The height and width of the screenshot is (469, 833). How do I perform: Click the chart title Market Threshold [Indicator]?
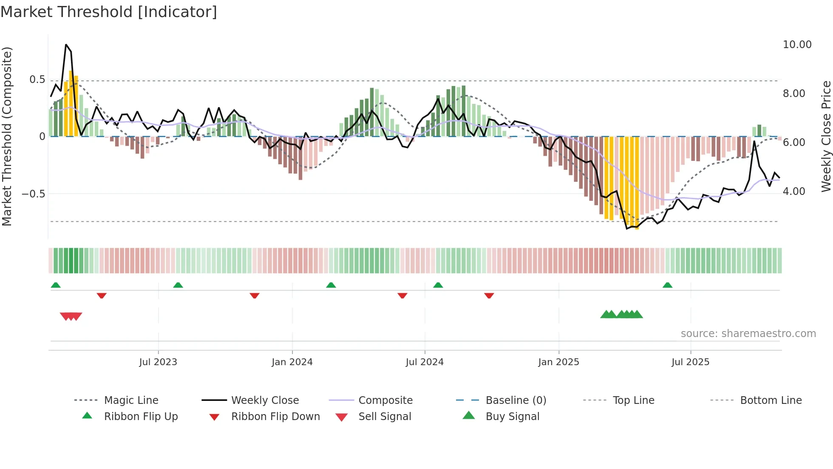(x=109, y=12)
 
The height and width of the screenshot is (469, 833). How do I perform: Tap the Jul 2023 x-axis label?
(x=158, y=362)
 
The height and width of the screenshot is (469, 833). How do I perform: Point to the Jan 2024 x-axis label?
(x=292, y=362)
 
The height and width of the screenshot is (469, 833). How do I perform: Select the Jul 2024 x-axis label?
(x=425, y=362)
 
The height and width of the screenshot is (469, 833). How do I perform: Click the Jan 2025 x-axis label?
(x=558, y=362)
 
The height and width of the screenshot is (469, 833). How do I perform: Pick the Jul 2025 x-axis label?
(x=690, y=362)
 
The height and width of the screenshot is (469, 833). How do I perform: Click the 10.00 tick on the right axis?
(x=797, y=45)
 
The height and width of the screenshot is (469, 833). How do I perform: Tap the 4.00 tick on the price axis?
(x=794, y=192)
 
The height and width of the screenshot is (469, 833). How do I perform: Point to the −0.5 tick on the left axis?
(x=33, y=194)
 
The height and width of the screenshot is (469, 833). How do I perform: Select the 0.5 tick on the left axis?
(x=37, y=80)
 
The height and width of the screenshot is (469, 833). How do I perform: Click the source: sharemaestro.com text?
(x=748, y=334)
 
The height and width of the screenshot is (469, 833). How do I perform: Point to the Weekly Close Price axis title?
(x=826, y=136)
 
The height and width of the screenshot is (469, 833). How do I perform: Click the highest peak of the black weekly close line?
(x=66, y=45)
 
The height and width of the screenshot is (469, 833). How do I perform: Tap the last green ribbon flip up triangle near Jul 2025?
(x=667, y=285)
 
